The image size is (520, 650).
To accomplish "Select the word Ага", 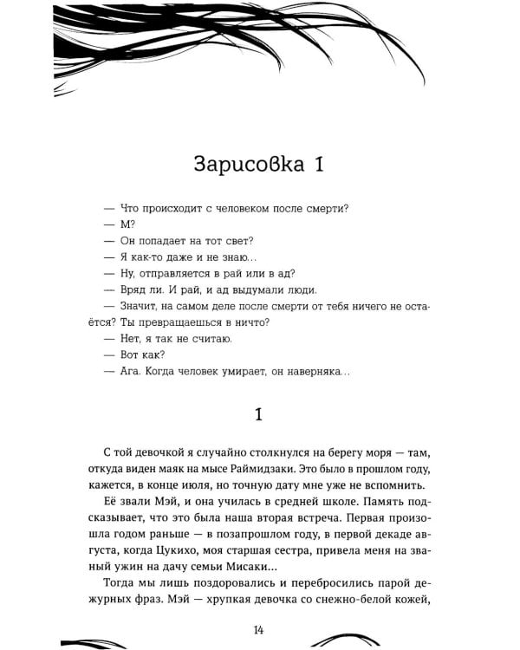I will pyautogui.click(x=128, y=371).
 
